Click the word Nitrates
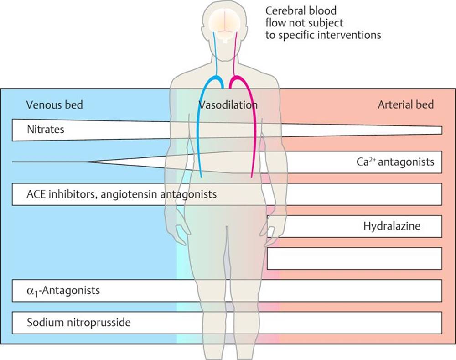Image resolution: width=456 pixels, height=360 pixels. pos(45,129)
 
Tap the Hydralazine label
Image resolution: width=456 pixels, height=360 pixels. pos(392,226)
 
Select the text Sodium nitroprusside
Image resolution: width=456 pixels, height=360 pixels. pos(78,322)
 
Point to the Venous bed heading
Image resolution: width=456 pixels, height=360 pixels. pos(54,104)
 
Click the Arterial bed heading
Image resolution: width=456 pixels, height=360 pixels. pos(406,104)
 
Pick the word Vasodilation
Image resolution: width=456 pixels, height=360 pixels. pos(228,105)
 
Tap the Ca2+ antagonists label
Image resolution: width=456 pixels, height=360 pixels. pos(395,162)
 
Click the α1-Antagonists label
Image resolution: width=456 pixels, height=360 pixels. pos(63,291)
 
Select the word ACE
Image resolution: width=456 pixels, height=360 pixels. pos(36,194)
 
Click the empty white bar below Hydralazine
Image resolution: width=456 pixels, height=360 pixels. pos(354,258)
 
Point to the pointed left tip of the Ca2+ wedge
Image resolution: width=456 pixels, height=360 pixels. pos(88,162)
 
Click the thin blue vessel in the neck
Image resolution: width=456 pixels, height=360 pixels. pos(216,53)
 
